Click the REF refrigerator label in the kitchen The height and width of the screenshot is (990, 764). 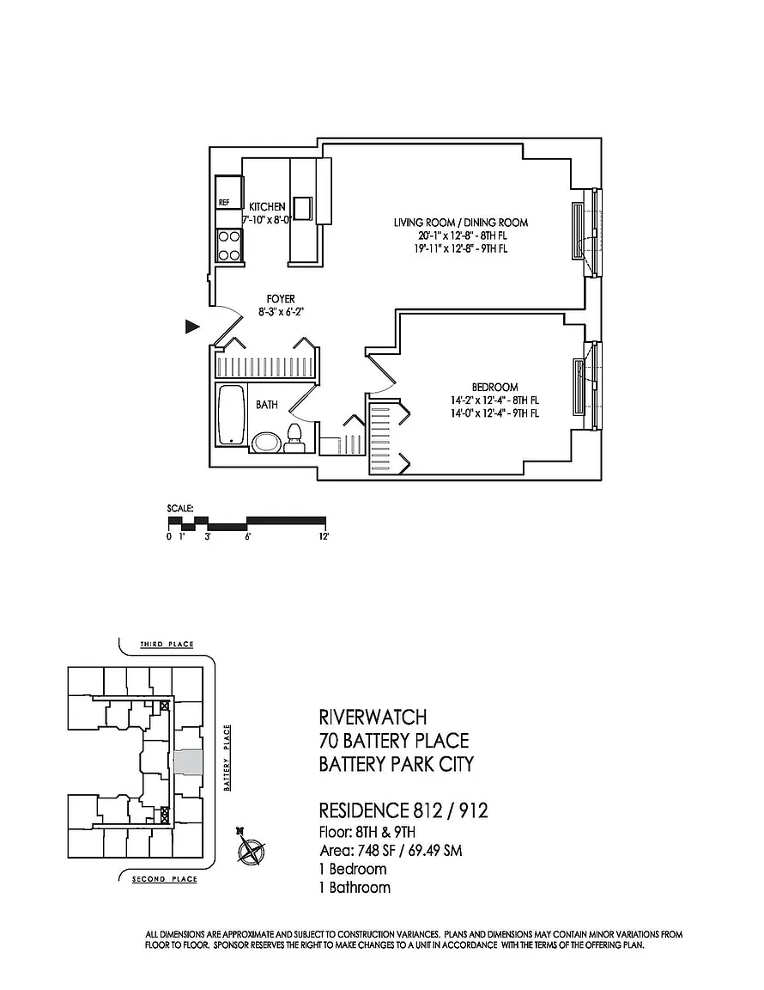point(224,203)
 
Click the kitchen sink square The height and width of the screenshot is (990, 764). point(302,207)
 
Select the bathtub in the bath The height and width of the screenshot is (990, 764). point(231,415)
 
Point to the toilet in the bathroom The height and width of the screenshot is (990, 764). point(294,438)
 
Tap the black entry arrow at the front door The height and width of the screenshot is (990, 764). point(191,327)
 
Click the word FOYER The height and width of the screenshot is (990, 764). point(281,299)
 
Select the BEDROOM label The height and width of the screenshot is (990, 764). point(494,387)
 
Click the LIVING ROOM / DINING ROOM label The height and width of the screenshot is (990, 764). point(461,223)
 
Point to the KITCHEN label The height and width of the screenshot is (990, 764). point(267,206)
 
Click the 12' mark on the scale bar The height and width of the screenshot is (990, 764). point(324,536)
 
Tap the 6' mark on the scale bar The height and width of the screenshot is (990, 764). point(248,536)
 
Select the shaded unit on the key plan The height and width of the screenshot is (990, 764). point(188,762)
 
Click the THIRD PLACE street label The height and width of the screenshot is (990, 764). point(167,644)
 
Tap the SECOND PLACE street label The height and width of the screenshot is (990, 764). point(165,879)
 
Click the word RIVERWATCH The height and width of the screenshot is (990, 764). point(373,718)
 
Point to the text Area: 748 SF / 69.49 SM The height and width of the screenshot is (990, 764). point(391,851)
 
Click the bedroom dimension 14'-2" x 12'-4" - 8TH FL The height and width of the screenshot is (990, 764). point(494,400)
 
